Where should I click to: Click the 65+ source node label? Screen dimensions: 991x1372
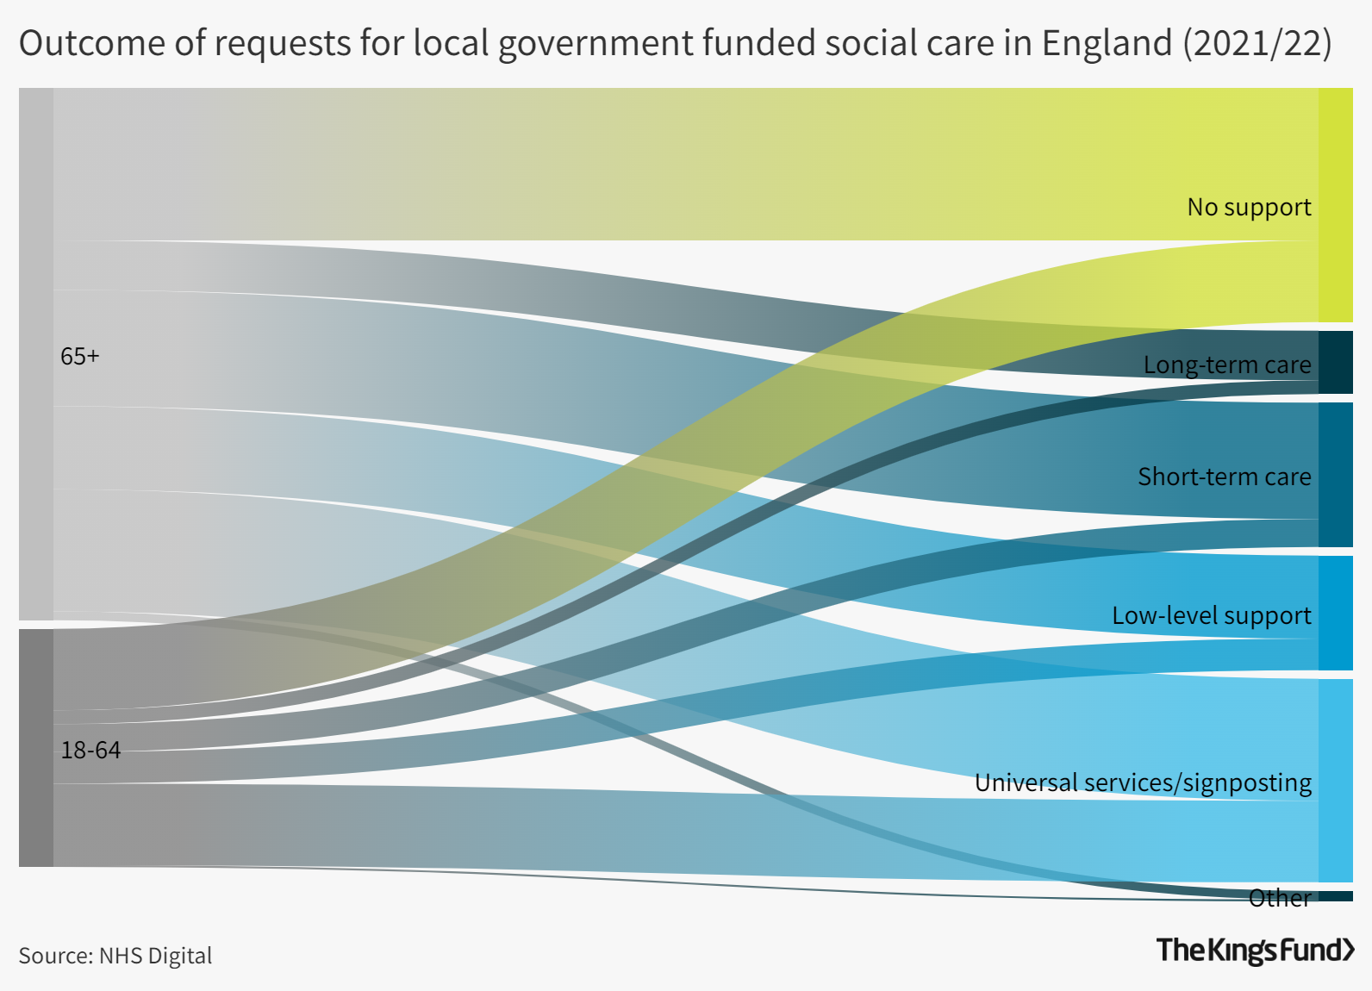[80, 356]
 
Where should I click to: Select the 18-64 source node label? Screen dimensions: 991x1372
[90, 750]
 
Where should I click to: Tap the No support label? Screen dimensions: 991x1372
[1248, 207]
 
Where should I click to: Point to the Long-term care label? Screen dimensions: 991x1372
[1226, 365]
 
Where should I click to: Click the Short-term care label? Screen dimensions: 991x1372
[1224, 477]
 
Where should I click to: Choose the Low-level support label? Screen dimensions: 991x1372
[1211, 615]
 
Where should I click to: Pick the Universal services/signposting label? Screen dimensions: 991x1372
[1143, 782]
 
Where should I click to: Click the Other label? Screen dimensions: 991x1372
[1280, 898]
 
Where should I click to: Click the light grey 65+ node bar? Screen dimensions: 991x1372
[36, 353]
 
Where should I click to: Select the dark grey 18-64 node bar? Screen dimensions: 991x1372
[36, 748]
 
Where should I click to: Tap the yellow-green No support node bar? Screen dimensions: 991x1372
[1335, 205]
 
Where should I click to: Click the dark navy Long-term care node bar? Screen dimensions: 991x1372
[1335, 362]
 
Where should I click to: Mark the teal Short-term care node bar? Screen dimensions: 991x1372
[1335, 474]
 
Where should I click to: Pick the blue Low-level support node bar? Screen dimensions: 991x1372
[1335, 613]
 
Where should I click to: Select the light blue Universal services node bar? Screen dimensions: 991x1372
[1335, 780]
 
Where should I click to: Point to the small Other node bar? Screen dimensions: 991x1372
[1335, 896]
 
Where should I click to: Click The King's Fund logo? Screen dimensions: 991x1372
[1255, 950]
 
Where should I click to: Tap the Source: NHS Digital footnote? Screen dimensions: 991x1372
[115, 956]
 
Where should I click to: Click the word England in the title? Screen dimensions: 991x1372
[1107, 43]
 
